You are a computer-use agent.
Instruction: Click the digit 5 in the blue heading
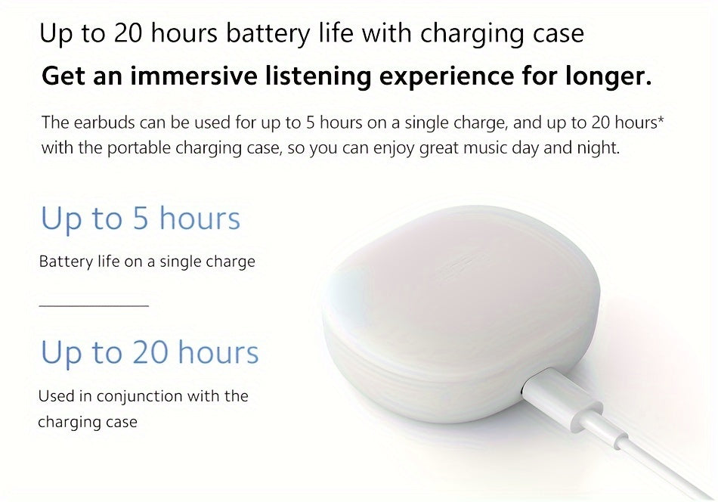click(141, 219)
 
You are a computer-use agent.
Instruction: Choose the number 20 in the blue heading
click(150, 353)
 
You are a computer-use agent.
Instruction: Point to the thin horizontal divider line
click(93, 305)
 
